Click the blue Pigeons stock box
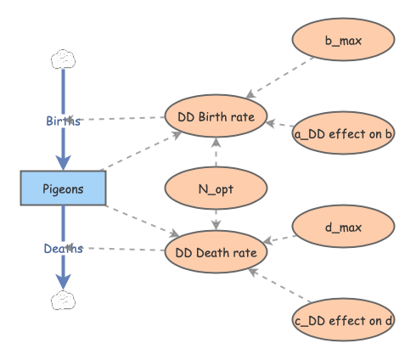[x=63, y=188]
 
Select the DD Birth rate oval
[x=216, y=115]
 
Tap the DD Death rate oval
[x=216, y=250]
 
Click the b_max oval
[x=343, y=38]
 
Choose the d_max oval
[x=343, y=227]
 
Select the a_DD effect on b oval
[x=343, y=133]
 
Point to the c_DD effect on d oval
[x=343, y=320]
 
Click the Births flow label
[x=63, y=121]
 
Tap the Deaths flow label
[x=63, y=248]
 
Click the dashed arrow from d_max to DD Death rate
[x=281, y=239]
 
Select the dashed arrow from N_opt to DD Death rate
[x=216, y=219]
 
